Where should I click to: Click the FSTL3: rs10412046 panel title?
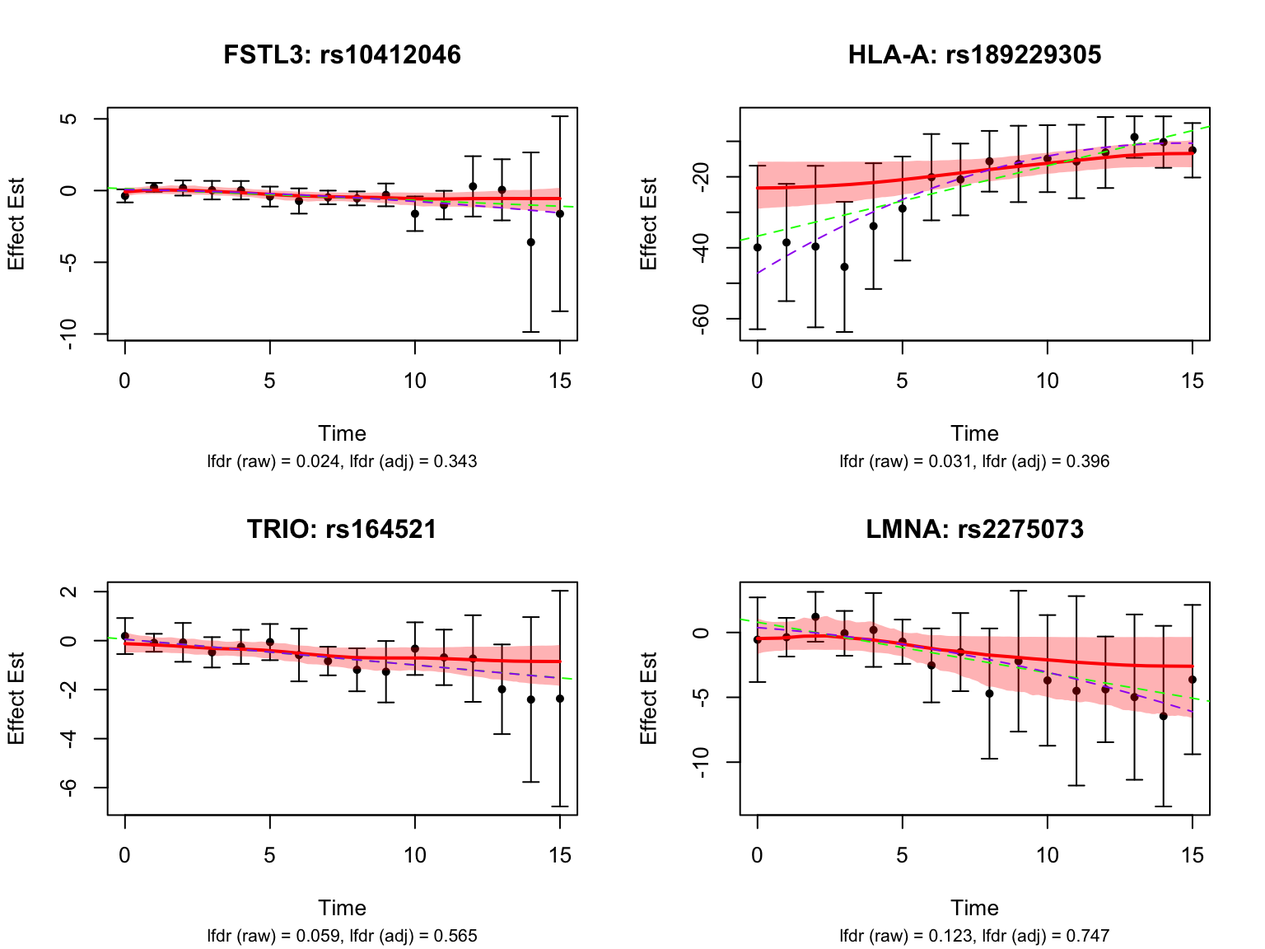[x=342, y=54]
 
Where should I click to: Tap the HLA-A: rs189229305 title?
[x=974, y=54]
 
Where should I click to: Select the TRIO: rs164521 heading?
[x=342, y=529]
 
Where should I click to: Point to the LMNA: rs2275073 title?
[x=974, y=529]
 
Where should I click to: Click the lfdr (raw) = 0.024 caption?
[x=342, y=461]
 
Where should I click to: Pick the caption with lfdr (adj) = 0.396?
[x=974, y=461]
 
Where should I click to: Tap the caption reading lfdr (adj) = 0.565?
[x=342, y=936]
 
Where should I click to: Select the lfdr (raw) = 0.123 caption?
[x=974, y=936]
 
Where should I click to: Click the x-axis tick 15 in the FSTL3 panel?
[x=560, y=381]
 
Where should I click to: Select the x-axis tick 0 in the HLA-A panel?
[x=757, y=381]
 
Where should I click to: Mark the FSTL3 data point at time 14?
[x=531, y=242]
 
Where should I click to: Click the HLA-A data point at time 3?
[x=844, y=267]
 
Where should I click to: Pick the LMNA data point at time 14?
[x=1164, y=717]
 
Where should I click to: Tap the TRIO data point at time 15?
[x=560, y=699]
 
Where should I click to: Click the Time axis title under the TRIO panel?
[x=342, y=908]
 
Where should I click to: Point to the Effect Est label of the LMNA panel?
[x=649, y=699]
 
